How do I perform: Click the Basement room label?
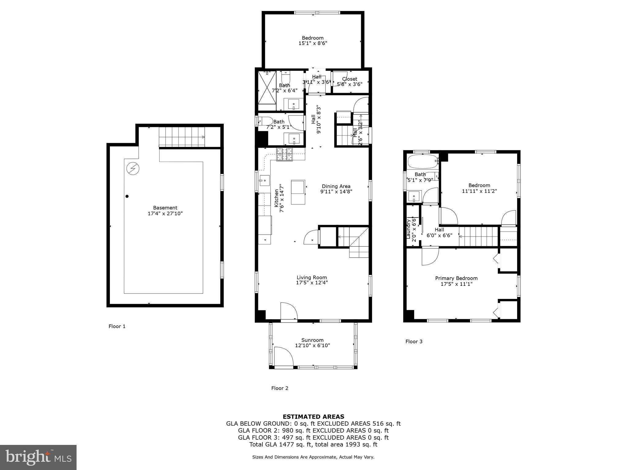tap(165, 208)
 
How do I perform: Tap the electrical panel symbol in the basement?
tap(133, 168)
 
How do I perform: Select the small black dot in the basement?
tap(127, 196)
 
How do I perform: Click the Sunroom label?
tap(312, 340)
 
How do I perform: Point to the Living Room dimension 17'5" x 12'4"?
tap(312, 283)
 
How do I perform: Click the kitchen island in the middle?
tap(298, 192)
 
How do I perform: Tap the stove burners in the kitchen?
tap(284, 154)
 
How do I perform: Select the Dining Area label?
tap(336, 186)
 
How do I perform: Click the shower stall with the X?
tap(267, 88)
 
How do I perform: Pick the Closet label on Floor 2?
tap(350, 79)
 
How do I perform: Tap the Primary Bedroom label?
tap(456, 278)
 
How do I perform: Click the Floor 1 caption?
tap(117, 326)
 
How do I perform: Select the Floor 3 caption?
tap(414, 341)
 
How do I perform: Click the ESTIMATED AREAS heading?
tap(313, 416)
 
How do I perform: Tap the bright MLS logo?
tap(38, 457)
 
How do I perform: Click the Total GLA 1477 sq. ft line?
tap(313, 445)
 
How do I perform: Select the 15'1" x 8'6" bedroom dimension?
tap(313, 43)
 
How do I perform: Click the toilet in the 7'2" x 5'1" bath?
tap(264, 121)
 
